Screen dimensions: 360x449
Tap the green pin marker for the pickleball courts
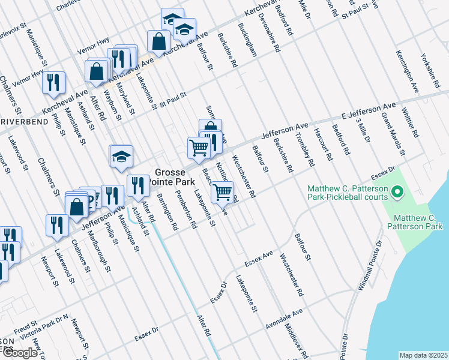397,193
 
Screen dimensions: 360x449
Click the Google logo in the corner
20,352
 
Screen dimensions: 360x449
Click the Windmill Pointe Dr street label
369,266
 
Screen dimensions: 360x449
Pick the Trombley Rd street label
306,149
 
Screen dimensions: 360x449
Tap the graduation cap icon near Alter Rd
121,156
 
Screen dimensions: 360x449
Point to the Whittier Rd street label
410,123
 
